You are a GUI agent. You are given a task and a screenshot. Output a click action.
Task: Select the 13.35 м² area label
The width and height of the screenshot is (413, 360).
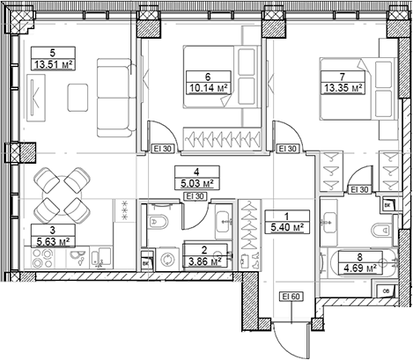[x=343, y=87]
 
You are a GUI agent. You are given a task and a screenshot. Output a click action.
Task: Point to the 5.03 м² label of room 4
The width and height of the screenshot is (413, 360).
[x=197, y=183]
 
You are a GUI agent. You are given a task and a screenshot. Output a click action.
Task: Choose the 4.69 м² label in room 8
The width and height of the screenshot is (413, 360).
[x=361, y=270]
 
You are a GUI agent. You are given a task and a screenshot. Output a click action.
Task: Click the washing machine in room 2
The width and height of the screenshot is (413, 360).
[x=167, y=261]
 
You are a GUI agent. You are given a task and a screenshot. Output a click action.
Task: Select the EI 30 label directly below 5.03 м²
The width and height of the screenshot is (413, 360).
[x=197, y=195]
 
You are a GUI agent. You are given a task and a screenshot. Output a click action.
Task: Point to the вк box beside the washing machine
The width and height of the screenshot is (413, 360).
[x=144, y=262]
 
